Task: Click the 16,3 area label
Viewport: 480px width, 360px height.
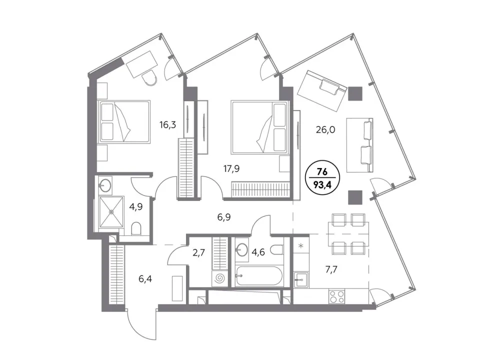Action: (x=167, y=125)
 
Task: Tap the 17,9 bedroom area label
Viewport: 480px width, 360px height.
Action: (x=231, y=168)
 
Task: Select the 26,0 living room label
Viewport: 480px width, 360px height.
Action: (x=325, y=130)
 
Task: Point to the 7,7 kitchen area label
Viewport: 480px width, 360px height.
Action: (x=331, y=269)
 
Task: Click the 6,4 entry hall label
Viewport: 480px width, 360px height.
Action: (x=145, y=279)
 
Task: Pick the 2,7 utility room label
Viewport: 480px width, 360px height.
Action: (x=199, y=253)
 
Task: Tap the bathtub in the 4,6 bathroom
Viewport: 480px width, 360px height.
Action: (x=259, y=276)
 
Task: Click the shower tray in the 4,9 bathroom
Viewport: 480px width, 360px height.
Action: (x=111, y=212)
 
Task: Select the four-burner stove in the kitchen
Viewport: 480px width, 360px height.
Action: (x=336, y=296)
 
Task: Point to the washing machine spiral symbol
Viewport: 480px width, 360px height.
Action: (x=219, y=278)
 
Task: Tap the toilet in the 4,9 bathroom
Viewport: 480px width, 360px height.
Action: (x=135, y=229)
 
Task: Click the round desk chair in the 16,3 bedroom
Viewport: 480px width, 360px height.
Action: (x=150, y=78)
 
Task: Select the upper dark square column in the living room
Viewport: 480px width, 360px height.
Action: (x=355, y=93)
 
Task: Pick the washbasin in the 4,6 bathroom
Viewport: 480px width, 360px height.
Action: (x=242, y=250)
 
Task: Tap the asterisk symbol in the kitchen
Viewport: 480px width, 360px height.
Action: (x=301, y=245)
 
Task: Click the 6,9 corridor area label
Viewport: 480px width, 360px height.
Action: (x=224, y=217)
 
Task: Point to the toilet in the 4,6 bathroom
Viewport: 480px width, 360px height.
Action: (x=277, y=249)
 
